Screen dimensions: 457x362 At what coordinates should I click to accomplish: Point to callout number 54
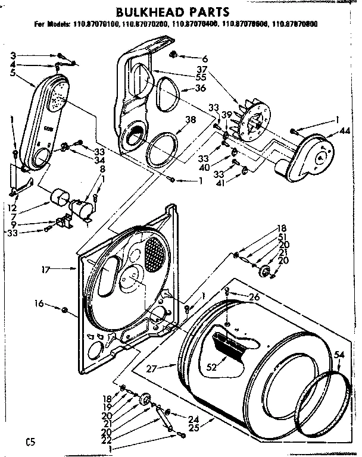pos(339,355)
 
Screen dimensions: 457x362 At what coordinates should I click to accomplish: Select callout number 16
pos(39,304)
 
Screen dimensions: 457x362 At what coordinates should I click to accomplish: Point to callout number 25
pos(193,427)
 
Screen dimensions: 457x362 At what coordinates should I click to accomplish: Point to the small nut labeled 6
pos(174,55)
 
